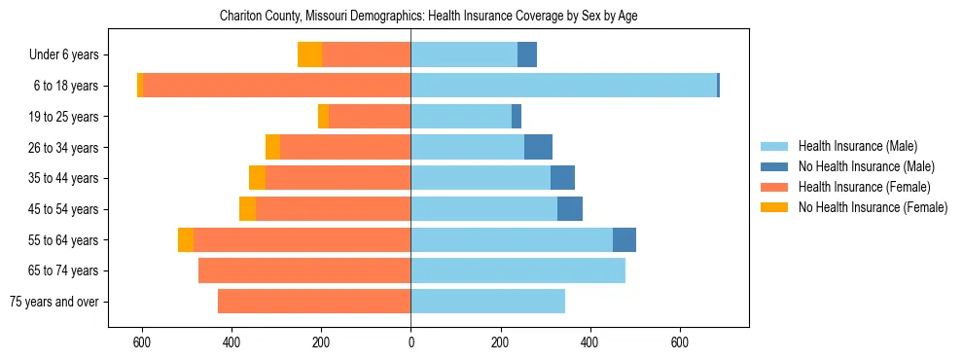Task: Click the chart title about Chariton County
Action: pyautogui.click(x=428, y=17)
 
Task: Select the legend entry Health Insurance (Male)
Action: pyautogui.click(x=857, y=146)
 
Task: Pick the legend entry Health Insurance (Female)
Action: pyautogui.click(x=864, y=187)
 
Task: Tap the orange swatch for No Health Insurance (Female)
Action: pyautogui.click(x=775, y=207)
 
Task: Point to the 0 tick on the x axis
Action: pyautogui.click(x=410, y=342)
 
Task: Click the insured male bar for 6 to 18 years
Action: pyautogui.click(x=563, y=86)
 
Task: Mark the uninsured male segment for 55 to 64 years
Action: pyautogui.click(x=624, y=240)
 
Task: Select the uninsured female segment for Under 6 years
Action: pyautogui.click(x=309, y=54)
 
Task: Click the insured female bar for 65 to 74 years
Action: pyautogui.click(x=304, y=270)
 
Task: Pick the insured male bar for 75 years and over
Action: pyautogui.click(x=487, y=302)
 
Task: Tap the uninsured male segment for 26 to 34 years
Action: pyautogui.click(x=538, y=147)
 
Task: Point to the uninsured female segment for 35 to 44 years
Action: pyautogui.click(x=257, y=178)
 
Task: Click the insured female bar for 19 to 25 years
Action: pyautogui.click(x=370, y=117)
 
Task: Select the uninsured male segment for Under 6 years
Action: pyautogui.click(x=526, y=54)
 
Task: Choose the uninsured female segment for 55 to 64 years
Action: pyautogui.click(x=186, y=240)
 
